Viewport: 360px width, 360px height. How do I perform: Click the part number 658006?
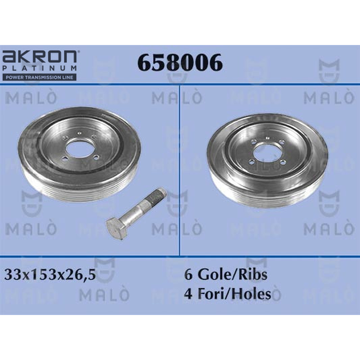180,63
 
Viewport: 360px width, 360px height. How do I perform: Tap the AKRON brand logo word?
40,57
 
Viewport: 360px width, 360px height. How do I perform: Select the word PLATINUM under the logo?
40,68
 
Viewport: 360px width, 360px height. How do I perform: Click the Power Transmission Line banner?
39,77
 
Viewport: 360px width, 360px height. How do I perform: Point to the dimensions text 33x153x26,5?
50,275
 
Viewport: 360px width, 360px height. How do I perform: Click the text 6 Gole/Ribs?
226,274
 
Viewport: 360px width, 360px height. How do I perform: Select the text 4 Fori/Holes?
228,293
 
